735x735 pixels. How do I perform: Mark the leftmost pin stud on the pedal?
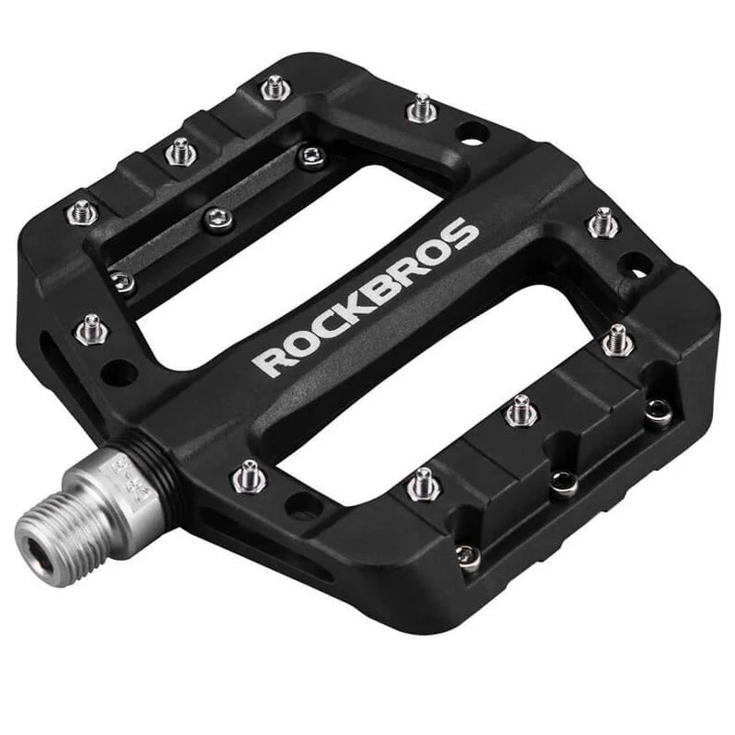[x=81, y=212]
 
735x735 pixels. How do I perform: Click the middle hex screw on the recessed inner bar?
[x=217, y=218]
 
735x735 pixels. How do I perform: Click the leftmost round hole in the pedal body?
[x=117, y=373]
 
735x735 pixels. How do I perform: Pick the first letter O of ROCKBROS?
[x=298, y=342]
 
